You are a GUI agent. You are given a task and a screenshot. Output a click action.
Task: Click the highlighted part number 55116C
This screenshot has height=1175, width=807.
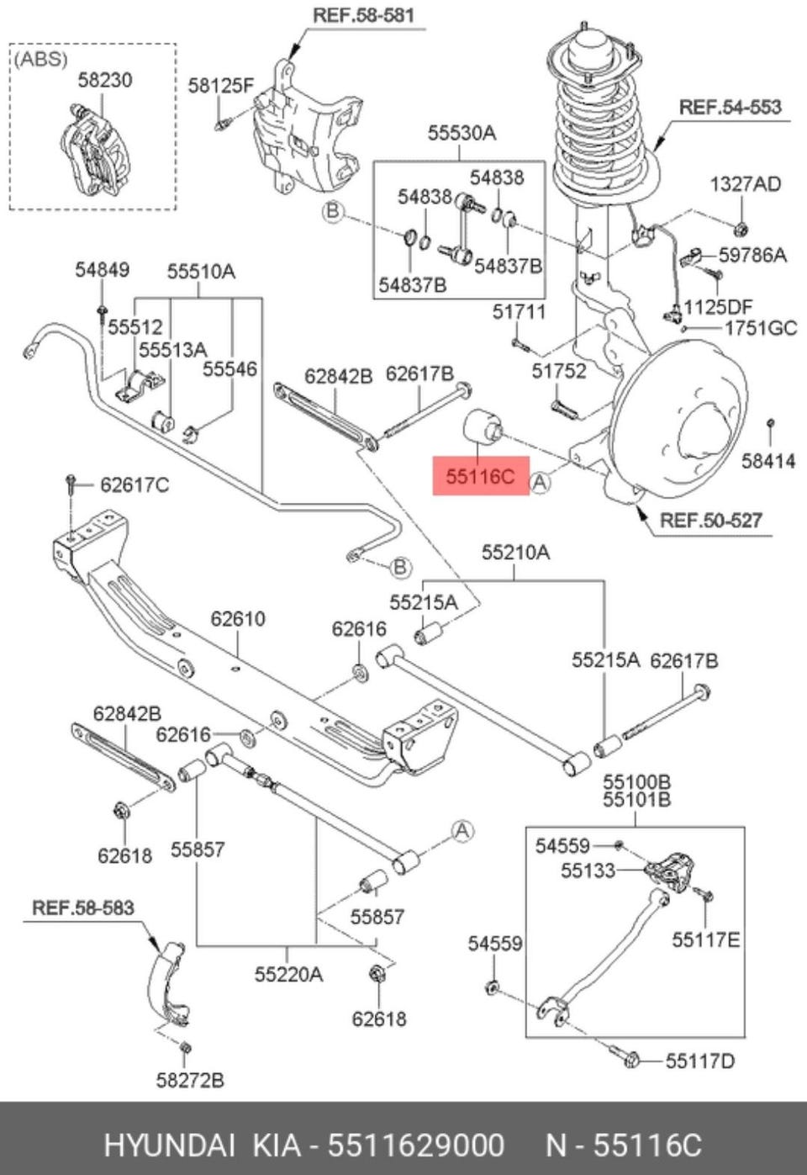(x=479, y=477)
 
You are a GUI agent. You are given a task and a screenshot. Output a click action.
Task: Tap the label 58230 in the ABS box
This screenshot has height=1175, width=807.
(x=105, y=80)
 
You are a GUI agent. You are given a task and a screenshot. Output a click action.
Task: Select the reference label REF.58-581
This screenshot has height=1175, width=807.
(x=363, y=15)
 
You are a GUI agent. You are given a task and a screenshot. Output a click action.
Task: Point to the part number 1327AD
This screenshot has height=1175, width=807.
(x=745, y=183)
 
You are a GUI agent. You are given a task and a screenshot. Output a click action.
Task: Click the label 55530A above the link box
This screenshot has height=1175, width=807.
(x=462, y=132)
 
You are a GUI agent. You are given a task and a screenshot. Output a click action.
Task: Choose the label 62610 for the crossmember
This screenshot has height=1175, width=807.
(x=238, y=618)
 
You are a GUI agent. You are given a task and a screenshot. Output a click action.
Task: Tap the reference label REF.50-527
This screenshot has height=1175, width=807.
(x=710, y=520)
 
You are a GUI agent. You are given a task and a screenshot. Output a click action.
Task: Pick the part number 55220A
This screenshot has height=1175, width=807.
(x=288, y=974)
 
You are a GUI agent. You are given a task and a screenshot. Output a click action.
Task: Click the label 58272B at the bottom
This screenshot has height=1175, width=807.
(x=190, y=1079)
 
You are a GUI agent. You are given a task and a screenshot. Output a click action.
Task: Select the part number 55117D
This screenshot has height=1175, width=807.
(x=699, y=1061)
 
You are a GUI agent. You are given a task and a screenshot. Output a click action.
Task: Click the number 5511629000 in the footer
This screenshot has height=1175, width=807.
(x=416, y=1145)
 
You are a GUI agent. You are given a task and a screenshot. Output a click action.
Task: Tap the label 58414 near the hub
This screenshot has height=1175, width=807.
(x=768, y=460)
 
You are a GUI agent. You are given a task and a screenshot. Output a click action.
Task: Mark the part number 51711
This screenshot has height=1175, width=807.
(x=519, y=312)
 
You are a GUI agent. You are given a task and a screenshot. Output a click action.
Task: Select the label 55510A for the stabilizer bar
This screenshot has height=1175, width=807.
(x=201, y=271)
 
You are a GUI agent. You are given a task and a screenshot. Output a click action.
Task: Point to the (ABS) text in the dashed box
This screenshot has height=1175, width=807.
(x=40, y=59)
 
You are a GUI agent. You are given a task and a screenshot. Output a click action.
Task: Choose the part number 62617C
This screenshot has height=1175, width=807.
(x=134, y=484)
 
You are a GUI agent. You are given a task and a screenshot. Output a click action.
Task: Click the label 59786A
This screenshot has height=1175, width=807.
(x=752, y=254)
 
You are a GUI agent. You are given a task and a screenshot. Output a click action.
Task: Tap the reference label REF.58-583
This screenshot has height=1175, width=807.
(x=82, y=908)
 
